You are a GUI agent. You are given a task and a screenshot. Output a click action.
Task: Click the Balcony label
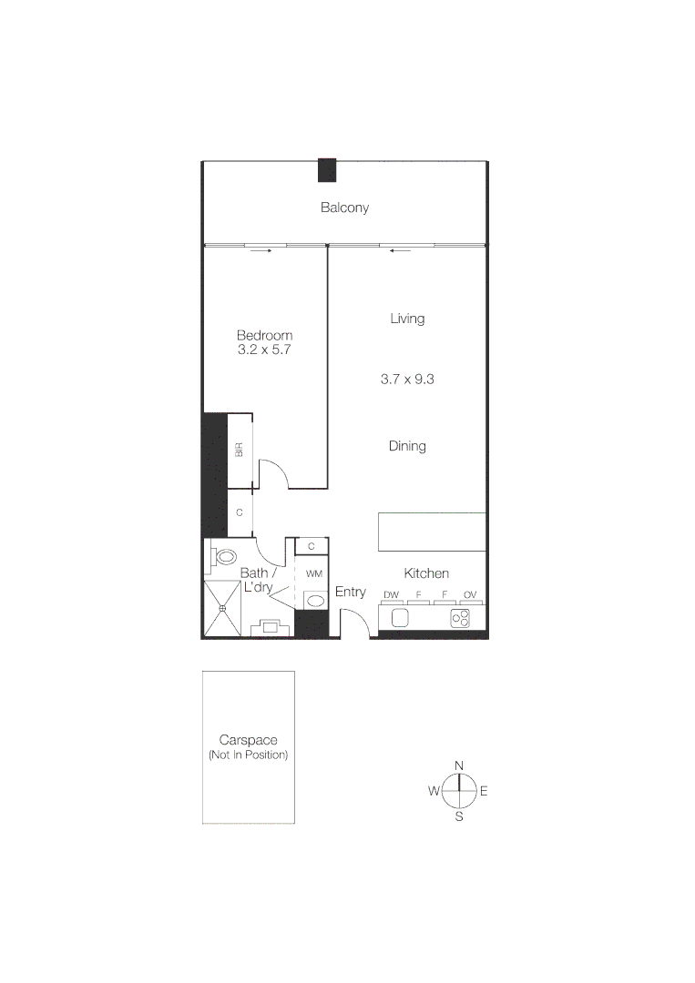coord(344,208)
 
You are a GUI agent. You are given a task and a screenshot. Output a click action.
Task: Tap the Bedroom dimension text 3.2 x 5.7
coord(264,350)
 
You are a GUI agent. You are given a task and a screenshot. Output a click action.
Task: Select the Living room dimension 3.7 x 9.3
coord(407,379)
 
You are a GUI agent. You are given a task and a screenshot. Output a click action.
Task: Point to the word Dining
coord(407,446)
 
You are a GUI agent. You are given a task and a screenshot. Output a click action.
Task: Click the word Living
coord(407,319)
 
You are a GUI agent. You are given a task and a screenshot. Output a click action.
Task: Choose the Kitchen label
coord(426,573)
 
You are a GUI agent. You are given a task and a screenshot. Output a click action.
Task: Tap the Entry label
coord(351,592)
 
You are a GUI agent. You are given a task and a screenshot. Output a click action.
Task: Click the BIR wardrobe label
coord(240,449)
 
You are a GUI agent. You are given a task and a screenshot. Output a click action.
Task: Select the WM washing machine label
coord(314,573)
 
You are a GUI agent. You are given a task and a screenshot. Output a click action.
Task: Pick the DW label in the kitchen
coord(392,595)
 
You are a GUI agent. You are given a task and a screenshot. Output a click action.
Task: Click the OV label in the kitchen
coord(470,595)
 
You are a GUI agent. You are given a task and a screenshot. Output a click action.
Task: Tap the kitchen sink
coord(399,618)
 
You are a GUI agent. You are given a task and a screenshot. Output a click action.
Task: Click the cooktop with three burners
coord(461,618)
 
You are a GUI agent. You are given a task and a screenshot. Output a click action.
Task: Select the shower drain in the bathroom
coord(222,608)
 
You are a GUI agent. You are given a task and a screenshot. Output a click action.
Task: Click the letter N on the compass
coord(459,765)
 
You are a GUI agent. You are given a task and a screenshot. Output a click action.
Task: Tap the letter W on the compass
coord(434,791)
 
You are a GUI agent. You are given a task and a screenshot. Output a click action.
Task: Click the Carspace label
coord(248,740)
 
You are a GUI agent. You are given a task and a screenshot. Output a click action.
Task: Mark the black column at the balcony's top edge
coord(327,170)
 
